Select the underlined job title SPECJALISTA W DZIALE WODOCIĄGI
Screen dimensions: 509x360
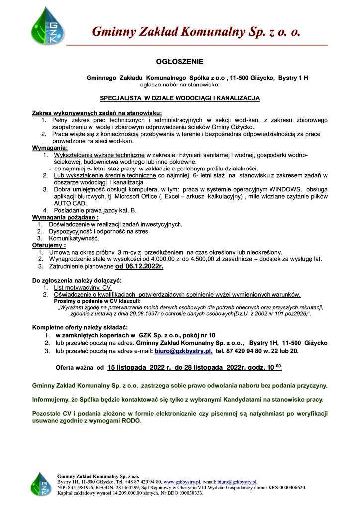click(x=180, y=98)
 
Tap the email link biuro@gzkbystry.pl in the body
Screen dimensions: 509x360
click(x=183, y=350)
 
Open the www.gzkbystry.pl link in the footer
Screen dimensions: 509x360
click(x=181, y=482)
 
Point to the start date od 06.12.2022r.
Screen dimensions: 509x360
click(x=139, y=266)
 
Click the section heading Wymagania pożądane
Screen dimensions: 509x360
click(x=65, y=217)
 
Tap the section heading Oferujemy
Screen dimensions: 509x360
click(x=49, y=245)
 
